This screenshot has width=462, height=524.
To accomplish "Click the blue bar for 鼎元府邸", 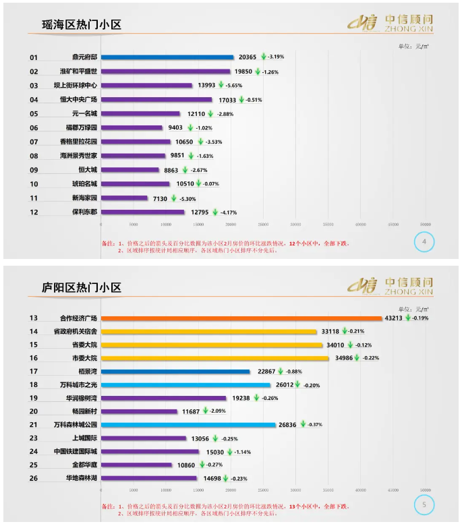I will pyautogui.click(x=167, y=57).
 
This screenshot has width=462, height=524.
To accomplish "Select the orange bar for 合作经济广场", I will pyautogui.click(x=241, y=318).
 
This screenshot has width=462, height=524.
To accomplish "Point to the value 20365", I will pyautogui.click(x=248, y=57).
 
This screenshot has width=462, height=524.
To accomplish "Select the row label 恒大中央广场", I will pyautogui.click(x=79, y=100).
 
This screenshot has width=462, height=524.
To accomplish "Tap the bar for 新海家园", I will pyautogui.click(x=124, y=198).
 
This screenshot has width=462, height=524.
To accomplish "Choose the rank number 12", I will pyautogui.click(x=34, y=212).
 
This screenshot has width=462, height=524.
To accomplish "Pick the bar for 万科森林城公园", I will pyautogui.click(x=188, y=424).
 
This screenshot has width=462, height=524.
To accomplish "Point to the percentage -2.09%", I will pyautogui.click(x=217, y=411).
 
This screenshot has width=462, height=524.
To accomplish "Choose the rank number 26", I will pyautogui.click(x=34, y=478).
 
